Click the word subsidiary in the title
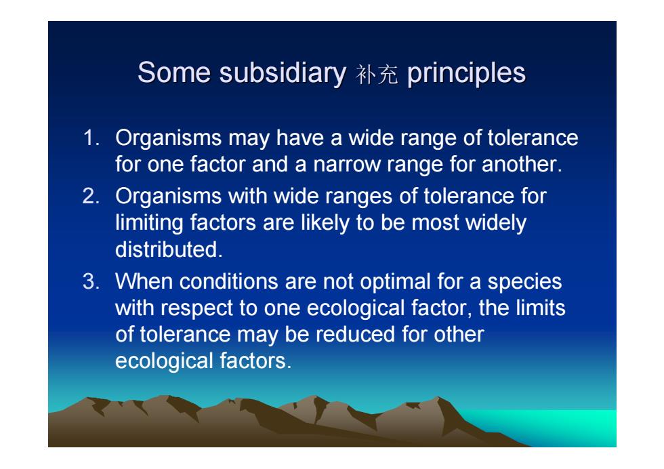[x=283, y=73]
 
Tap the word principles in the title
[x=466, y=74]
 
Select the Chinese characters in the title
[x=377, y=75]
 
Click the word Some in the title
[x=173, y=73]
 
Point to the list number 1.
[x=91, y=138]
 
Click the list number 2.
[x=91, y=196]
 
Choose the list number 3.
[x=91, y=282]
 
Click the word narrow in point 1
[x=346, y=165]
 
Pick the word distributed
[x=169, y=249]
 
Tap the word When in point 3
[x=144, y=282]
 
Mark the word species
[x=524, y=283]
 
